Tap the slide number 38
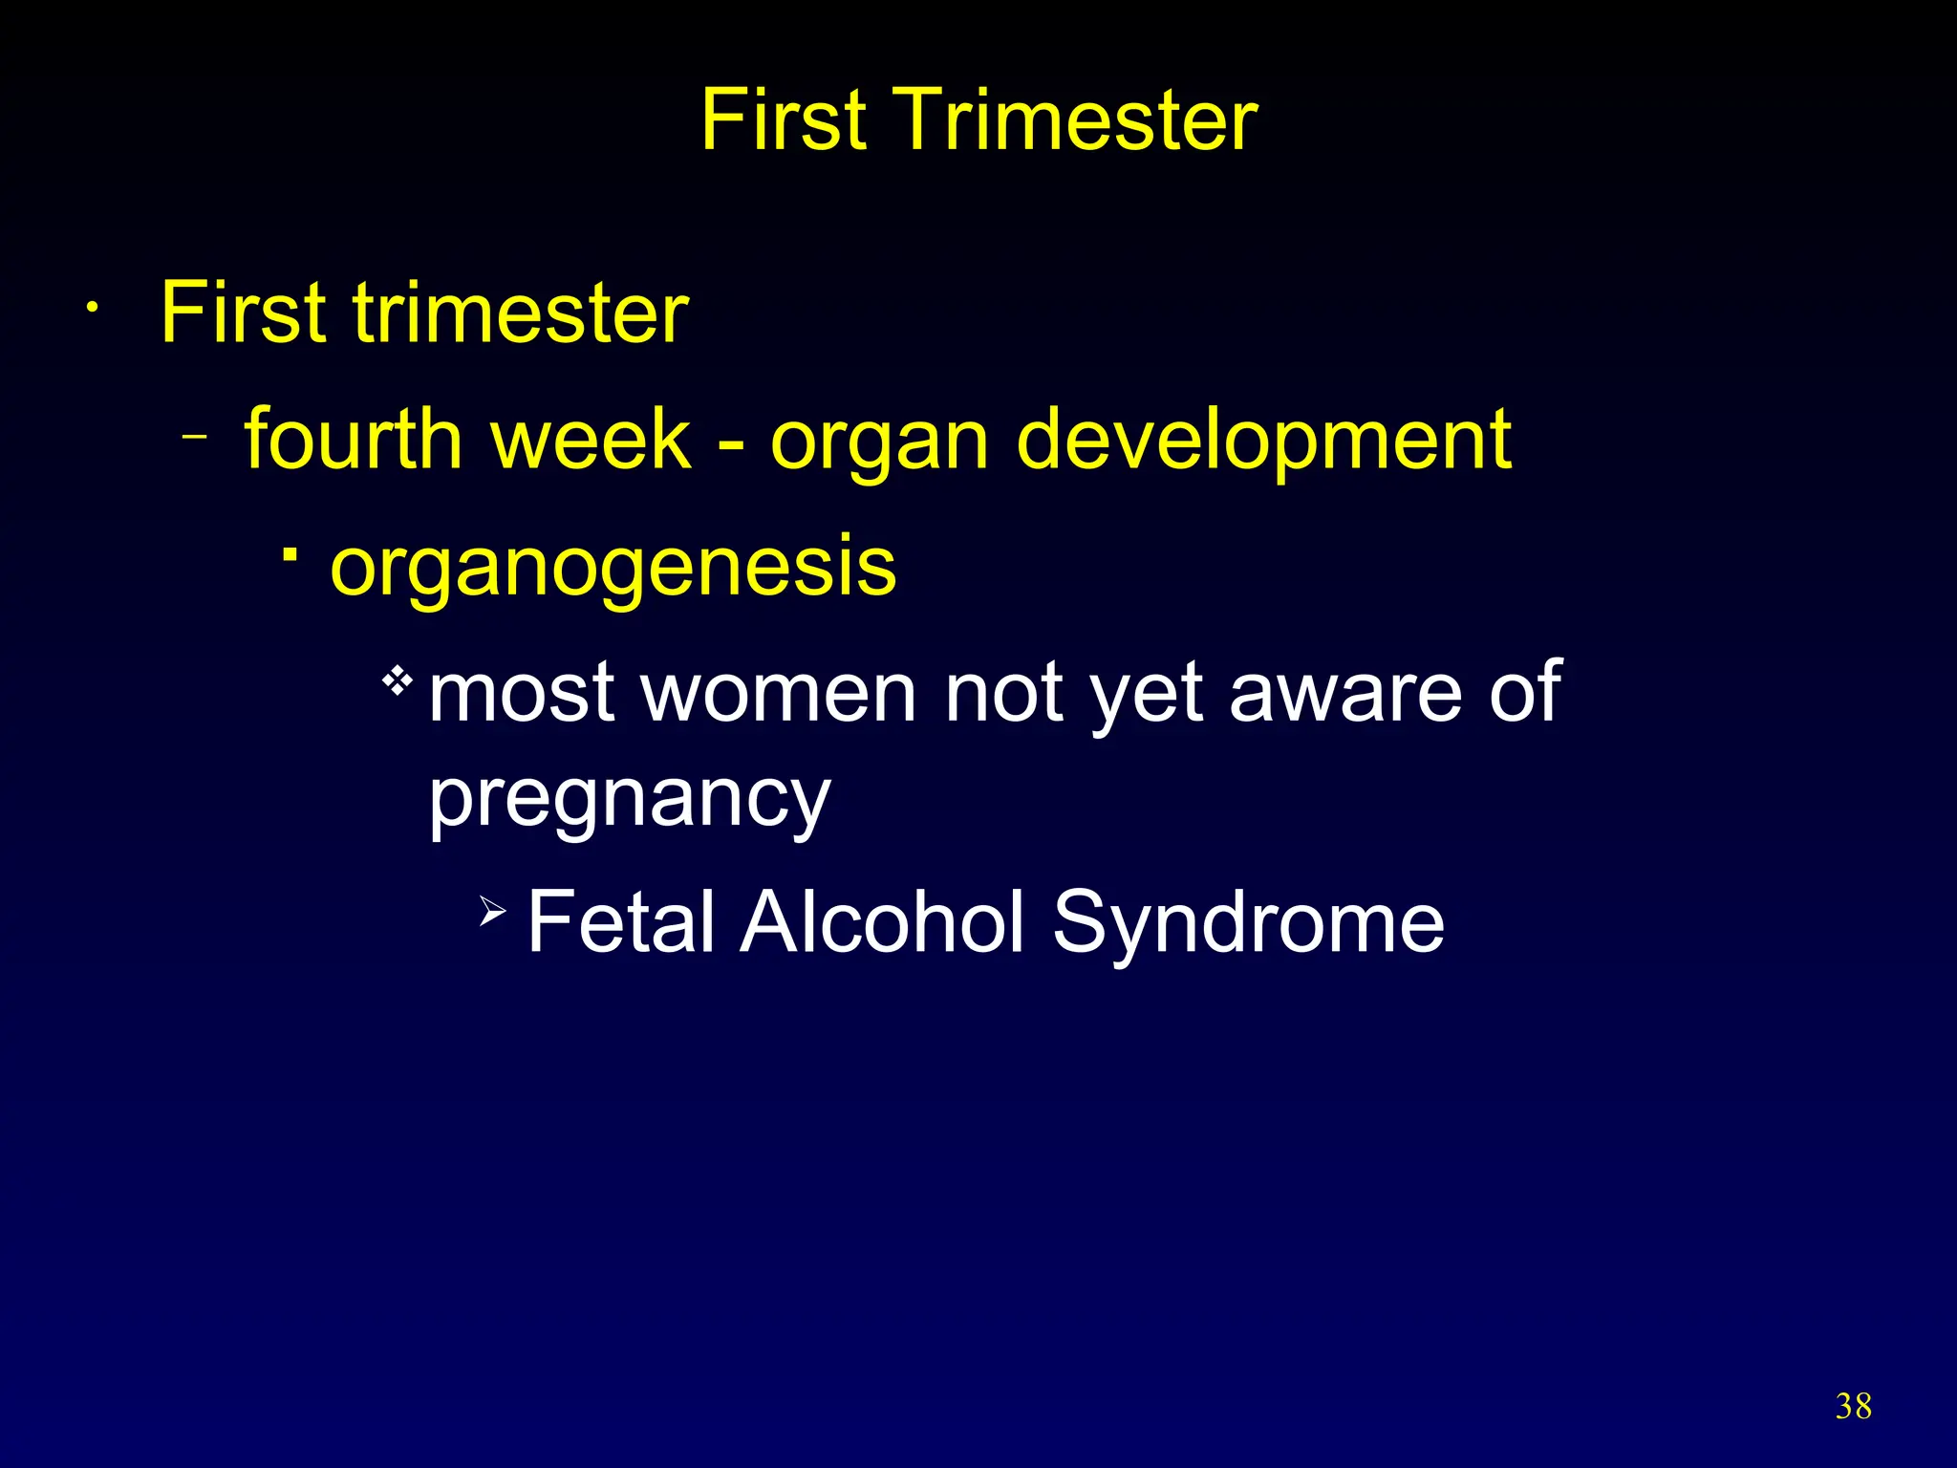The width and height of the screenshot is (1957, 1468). click(1853, 1406)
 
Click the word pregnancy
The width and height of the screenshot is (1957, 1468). click(629, 801)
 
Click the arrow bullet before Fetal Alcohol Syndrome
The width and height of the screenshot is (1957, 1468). click(492, 913)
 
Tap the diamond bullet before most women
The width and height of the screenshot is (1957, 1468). click(397, 682)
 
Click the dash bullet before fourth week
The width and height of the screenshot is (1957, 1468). click(195, 438)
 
